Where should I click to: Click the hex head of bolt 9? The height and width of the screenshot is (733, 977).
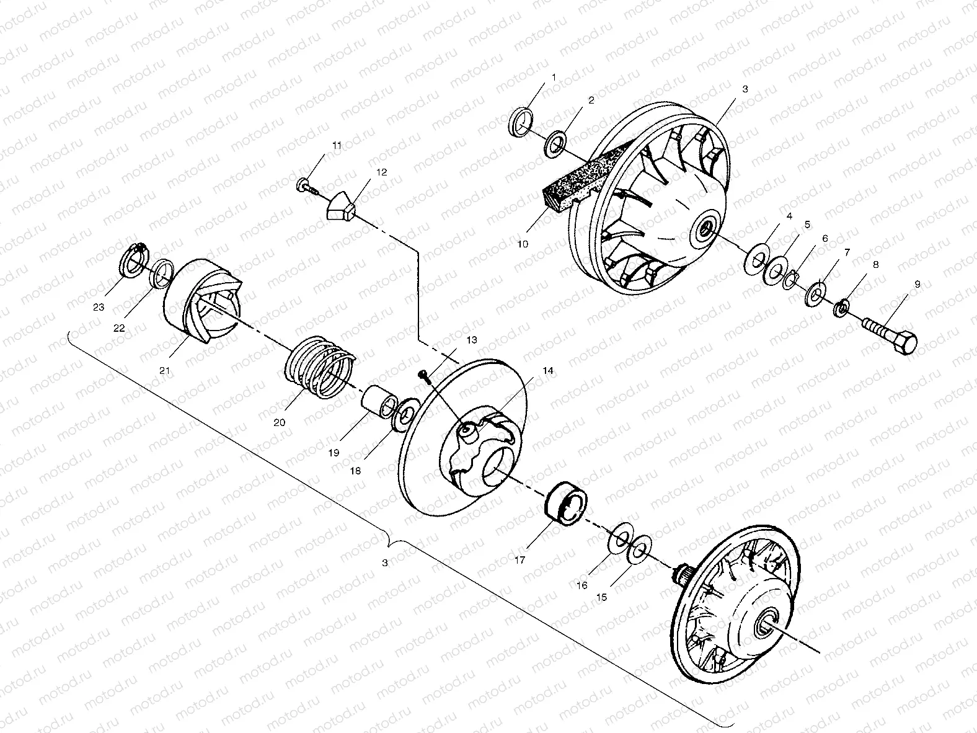(x=904, y=342)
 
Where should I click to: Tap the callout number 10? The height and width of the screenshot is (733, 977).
(x=523, y=244)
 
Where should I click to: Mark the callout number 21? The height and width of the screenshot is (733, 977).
(x=164, y=370)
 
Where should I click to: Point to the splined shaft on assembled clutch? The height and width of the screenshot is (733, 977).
(x=686, y=574)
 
